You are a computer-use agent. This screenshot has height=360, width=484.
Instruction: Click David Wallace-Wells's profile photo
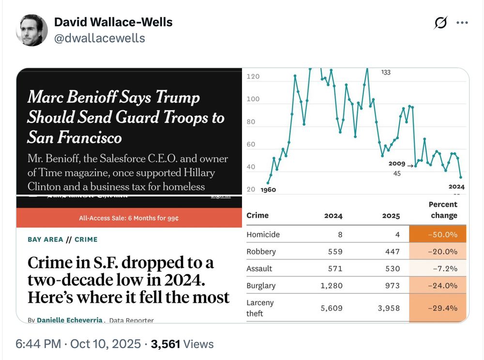tap(32, 30)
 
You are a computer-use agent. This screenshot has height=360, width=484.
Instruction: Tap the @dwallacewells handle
tap(99, 38)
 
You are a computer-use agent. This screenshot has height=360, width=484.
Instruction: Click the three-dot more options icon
tap(462, 23)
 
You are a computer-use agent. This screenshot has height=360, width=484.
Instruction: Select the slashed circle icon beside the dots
tap(440, 23)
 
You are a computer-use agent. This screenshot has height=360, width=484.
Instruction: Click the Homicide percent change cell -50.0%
tap(438, 235)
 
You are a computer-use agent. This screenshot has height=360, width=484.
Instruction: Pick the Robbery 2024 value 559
tap(335, 252)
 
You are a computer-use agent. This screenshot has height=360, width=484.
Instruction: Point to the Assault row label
tap(259, 269)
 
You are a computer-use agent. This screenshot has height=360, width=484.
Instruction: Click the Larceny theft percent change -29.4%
tap(438, 308)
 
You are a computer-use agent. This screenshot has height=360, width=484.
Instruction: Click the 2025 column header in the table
tap(391, 216)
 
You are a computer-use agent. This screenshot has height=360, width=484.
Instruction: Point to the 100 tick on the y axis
tap(253, 99)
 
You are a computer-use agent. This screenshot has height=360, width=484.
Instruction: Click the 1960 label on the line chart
tap(268, 190)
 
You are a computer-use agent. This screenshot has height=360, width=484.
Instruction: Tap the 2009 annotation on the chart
tap(396, 164)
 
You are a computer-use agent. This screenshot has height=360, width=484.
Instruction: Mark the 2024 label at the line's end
tap(456, 187)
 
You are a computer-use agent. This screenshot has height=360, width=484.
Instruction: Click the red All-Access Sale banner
tap(129, 218)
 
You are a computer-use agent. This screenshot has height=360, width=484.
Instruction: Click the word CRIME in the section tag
tap(86, 240)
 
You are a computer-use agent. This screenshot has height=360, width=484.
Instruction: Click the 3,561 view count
tap(165, 344)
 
